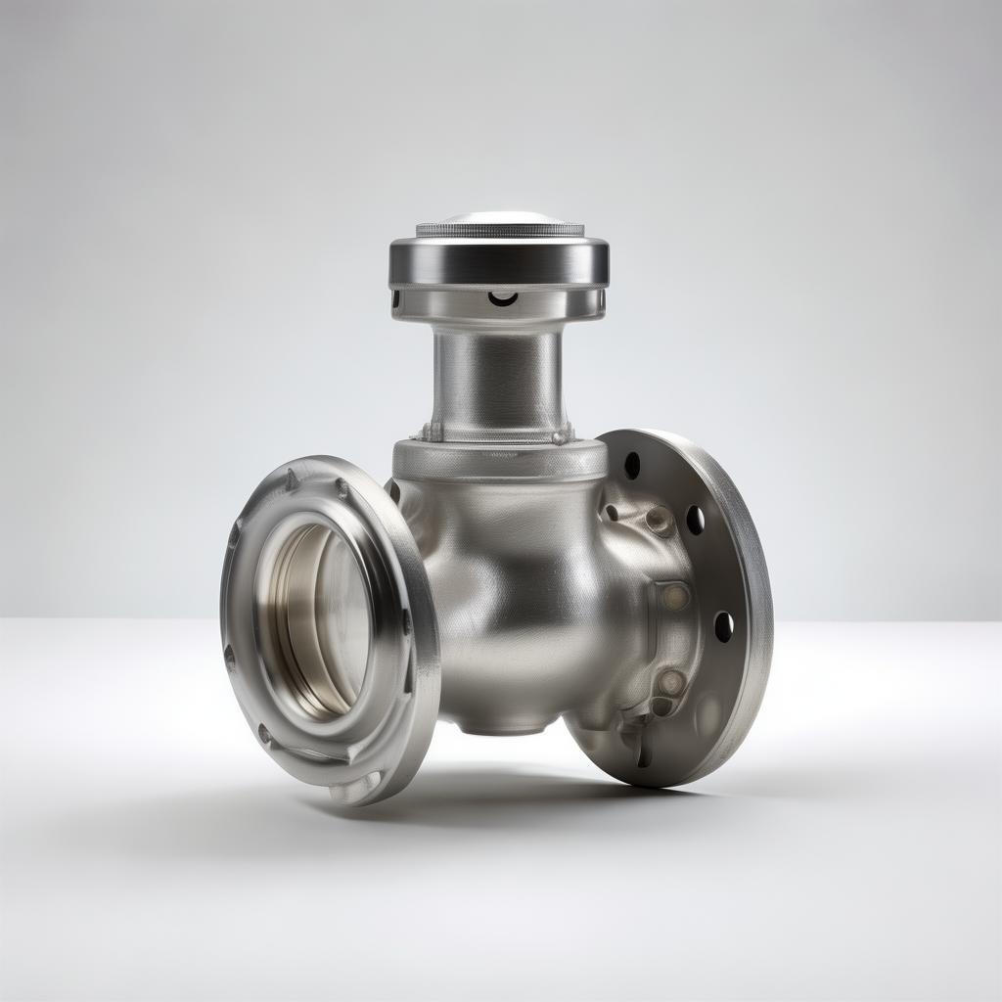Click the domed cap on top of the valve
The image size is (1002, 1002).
(499, 217)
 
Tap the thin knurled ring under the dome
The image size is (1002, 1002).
(499, 231)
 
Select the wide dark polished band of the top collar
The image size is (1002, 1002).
(499, 260)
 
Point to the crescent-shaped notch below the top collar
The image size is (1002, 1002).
(504, 297)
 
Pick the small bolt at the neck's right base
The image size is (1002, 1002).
(561, 436)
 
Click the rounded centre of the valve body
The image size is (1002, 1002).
(509, 587)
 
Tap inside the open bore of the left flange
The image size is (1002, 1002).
(323, 616)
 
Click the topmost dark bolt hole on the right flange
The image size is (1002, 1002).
(632, 465)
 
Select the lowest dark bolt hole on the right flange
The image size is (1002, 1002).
(723, 626)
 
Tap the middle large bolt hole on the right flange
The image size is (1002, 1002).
(695, 520)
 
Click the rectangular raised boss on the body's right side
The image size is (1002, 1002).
(674, 596)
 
